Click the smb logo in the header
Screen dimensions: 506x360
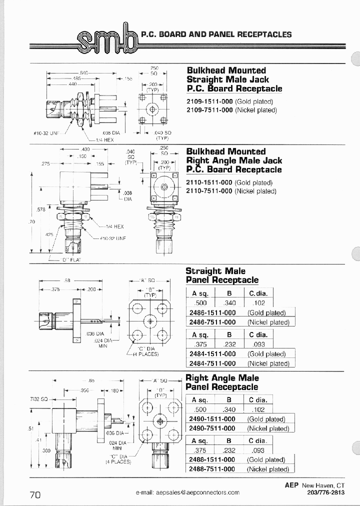(106, 39)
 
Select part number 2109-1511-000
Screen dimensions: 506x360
(210, 101)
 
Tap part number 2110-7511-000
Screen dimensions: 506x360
(209, 191)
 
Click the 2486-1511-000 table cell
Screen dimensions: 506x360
(212, 312)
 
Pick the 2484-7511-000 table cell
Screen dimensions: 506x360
(212, 363)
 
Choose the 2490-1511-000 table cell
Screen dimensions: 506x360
(212, 419)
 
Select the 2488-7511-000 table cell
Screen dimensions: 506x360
(212, 469)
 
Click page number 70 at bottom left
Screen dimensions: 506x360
(35, 494)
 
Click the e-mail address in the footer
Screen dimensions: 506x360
(187, 492)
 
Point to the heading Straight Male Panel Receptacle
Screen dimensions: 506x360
(222, 275)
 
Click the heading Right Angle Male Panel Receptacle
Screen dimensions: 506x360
(222, 382)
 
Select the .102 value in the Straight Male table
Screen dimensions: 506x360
(259, 302)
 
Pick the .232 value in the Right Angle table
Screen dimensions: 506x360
(229, 450)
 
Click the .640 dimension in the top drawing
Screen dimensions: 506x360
(84, 72)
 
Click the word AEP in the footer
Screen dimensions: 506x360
(292, 485)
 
